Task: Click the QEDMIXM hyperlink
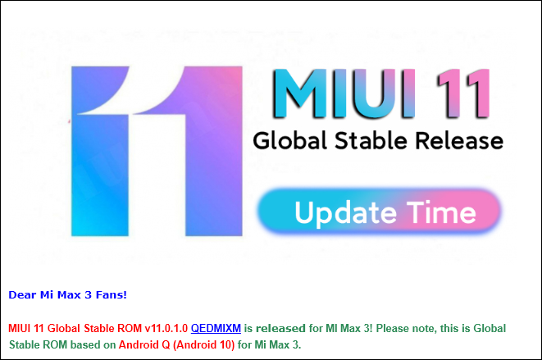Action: (x=216, y=328)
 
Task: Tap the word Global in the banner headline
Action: (x=289, y=141)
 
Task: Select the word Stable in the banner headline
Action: (x=371, y=141)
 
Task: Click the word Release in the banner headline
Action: (x=459, y=141)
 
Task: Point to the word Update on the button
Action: (x=345, y=213)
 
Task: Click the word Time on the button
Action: (x=441, y=212)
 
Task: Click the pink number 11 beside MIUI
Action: (x=463, y=93)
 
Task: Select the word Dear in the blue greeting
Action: (x=22, y=294)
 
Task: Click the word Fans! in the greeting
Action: (x=112, y=294)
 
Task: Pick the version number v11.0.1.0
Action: (x=166, y=328)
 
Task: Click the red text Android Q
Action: (x=144, y=344)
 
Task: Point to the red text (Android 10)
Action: (x=203, y=344)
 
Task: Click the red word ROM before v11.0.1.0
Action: (x=130, y=328)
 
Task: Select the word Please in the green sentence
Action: (x=393, y=328)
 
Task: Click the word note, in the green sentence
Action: (x=425, y=328)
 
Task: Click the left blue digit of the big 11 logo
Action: (x=100, y=151)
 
